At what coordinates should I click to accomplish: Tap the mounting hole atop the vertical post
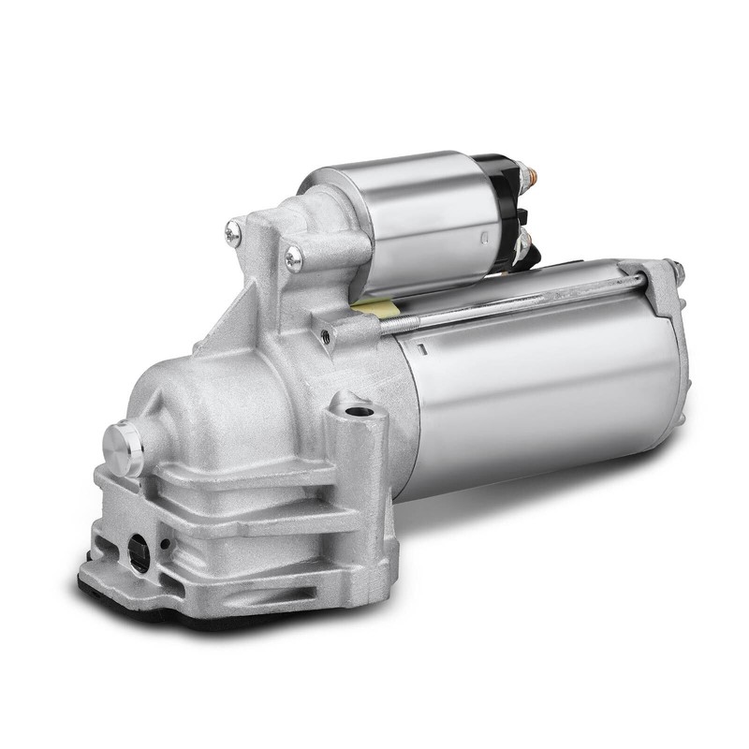(x=357, y=410)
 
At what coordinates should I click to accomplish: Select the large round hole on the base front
(x=139, y=553)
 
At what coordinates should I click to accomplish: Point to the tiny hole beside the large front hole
(x=165, y=544)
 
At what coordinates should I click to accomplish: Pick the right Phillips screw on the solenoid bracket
(x=294, y=258)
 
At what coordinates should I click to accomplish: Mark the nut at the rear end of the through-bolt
(x=675, y=271)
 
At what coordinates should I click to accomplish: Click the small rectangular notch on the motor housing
(x=422, y=349)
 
